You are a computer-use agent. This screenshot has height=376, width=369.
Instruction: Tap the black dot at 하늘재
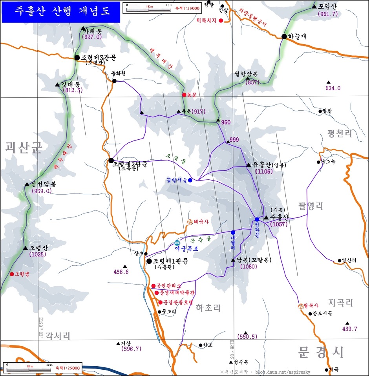[284, 37]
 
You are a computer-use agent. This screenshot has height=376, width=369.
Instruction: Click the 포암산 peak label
[327, 6]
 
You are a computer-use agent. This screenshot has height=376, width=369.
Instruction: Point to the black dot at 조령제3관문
[77, 58]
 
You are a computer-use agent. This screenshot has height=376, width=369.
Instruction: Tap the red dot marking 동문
[184, 95]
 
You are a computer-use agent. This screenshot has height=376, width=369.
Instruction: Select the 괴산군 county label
[24, 148]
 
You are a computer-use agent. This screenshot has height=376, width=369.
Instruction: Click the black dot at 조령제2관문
[111, 160]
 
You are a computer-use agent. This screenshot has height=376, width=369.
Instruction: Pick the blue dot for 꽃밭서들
[190, 181]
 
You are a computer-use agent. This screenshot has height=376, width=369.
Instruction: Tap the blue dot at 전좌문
[257, 219]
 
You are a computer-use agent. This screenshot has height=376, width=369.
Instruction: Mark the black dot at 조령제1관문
[149, 261]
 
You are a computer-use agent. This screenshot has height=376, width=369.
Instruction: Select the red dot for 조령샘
[12, 274]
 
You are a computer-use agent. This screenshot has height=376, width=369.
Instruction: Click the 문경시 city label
[321, 351]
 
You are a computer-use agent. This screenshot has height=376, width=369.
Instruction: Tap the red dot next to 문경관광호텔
[160, 302]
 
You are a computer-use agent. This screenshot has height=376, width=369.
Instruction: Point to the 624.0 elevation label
[333, 88]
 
